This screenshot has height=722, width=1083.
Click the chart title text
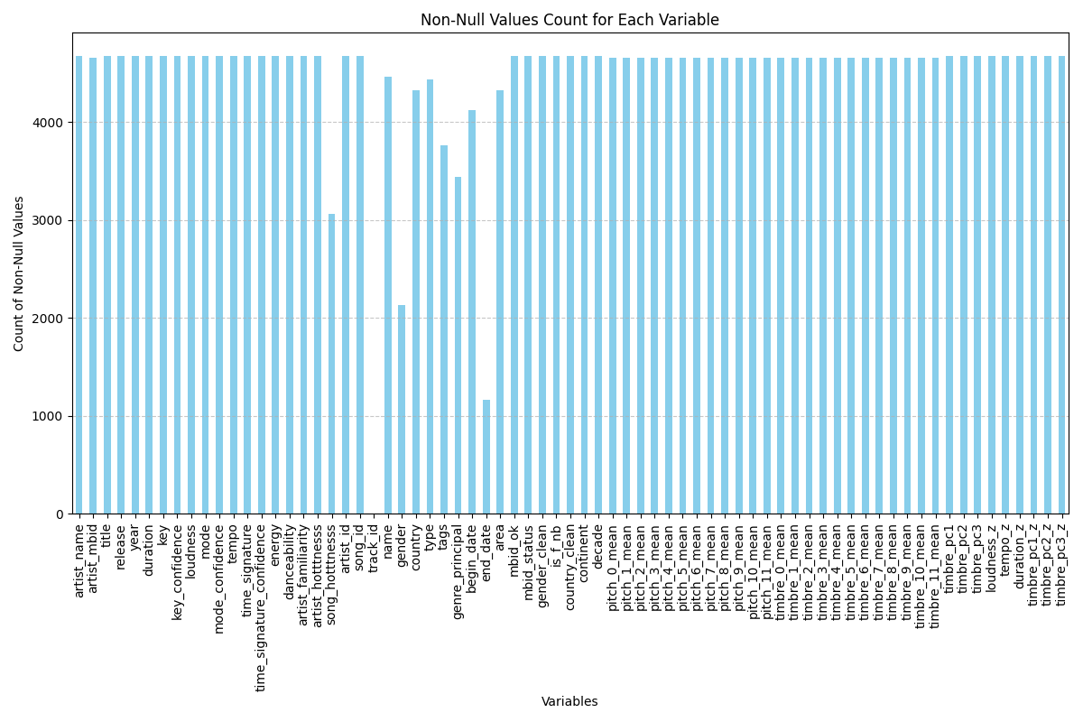coord(569,20)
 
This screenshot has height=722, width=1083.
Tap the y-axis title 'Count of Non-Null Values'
coord(19,273)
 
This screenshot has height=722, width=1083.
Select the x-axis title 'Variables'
coord(569,701)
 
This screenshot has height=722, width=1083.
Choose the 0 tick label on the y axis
coord(60,514)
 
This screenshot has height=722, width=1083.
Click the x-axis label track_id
coord(374,547)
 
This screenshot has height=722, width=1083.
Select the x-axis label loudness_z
coord(992,557)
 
